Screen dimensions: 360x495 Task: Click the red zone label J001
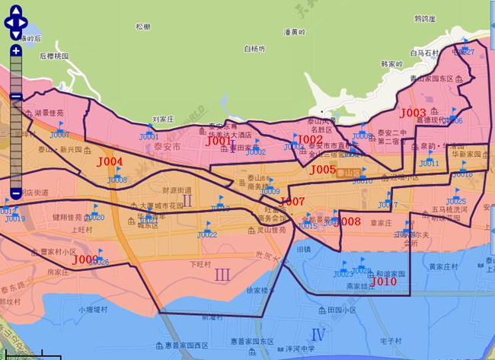[x=218, y=141]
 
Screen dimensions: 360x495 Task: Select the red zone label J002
[x=310, y=139]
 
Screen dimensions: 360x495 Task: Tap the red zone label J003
[x=413, y=113]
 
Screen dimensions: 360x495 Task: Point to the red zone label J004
[x=110, y=162]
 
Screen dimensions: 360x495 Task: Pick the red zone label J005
[x=324, y=170]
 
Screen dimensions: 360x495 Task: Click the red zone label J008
[x=348, y=221]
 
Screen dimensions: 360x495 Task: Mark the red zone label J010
[x=385, y=281]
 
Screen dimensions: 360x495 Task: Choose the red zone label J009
[x=85, y=260]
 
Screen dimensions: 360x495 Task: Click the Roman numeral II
[x=187, y=200]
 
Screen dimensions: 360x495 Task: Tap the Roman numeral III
[x=222, y=274]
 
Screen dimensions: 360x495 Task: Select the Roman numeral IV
[x=318, y=334]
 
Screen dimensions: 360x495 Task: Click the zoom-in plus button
[x=16, y=51]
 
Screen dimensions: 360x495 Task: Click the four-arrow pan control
[x=16, y=21]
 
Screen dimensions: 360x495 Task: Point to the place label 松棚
[x=142, y=27]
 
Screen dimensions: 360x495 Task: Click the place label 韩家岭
[x=391, y=64]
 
